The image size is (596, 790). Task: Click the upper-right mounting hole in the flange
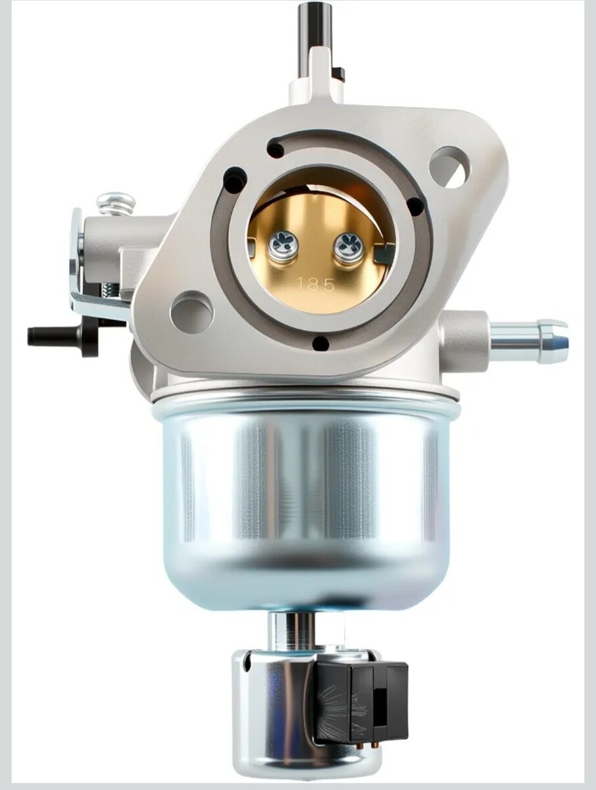click(x=450, y=167)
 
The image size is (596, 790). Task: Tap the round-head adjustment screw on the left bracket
click(x=116, y=204)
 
